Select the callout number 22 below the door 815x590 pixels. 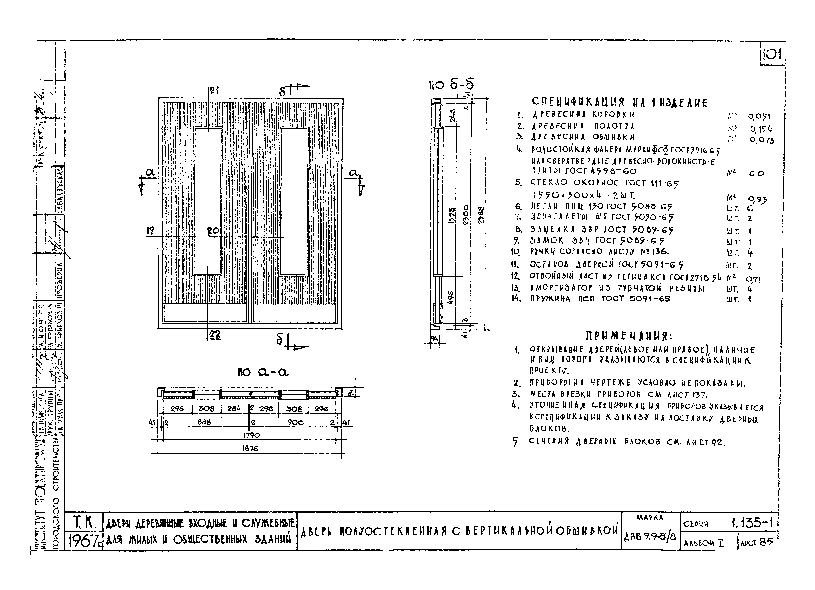[x=215, y=335]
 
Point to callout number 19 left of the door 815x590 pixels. [x=151, y=231]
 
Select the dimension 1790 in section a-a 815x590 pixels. [x=252, y=435]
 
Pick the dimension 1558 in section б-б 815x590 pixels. [x=452, y=215]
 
